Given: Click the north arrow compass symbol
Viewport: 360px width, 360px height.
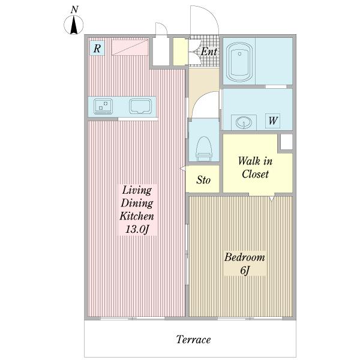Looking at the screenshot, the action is (x=73, y=25).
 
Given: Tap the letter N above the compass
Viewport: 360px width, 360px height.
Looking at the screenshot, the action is (x=74, y=10).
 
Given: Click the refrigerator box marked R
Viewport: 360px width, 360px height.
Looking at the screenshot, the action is (x=97, y=48).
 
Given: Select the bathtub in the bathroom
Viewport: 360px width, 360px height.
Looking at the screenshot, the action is (x=239, y=62).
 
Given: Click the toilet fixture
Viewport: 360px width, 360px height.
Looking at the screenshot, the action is (x=204, y=149).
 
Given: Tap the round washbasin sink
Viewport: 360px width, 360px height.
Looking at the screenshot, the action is (x=244, y=122).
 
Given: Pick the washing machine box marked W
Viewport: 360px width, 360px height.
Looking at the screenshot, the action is (x=273, y=121).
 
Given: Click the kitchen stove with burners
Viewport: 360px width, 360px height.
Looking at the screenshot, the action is (x=103, y=107).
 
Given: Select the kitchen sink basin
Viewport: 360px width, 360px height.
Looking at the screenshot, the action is (x=140, y=106).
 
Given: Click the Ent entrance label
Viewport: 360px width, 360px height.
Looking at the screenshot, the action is (x=209, y=52).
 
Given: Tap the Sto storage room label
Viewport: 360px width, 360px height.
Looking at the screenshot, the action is (x=203, y=180).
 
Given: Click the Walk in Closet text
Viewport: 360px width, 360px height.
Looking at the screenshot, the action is (x=256, y=167).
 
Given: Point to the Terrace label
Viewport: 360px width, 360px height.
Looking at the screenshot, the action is (x=193, y=340).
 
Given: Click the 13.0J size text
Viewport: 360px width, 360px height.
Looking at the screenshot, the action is (x=137, y=229).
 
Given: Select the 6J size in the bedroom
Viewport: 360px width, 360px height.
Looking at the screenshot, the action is (x=245, y=270).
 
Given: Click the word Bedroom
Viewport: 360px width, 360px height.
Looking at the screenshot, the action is (x=245, y=257).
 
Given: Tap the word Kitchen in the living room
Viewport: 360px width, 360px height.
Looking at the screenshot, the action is (x=137, y=216).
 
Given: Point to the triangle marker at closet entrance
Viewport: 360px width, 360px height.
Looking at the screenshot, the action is (x=272, y=199).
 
